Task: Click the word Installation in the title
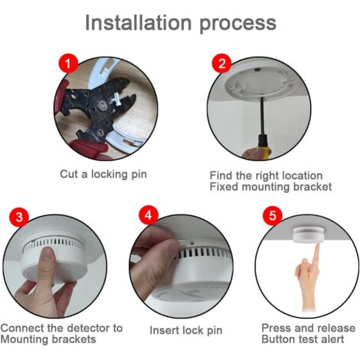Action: tap(138, 22)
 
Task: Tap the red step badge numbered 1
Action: tap(68, 63)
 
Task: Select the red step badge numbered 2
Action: tap(222, 63)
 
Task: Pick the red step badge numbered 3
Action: tap(19, 217)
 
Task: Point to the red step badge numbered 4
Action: tap(149, 215)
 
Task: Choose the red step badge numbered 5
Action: tap(273, 215)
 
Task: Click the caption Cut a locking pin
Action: tap(103, 175)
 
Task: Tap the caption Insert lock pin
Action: tap(186, 330)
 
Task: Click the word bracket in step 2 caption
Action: tap(313, 187)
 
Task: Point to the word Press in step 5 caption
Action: tap(276, 328)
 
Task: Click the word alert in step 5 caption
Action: tap(332, 339)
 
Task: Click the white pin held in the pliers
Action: tap(117, 101)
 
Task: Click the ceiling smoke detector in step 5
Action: tap(308, 234)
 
